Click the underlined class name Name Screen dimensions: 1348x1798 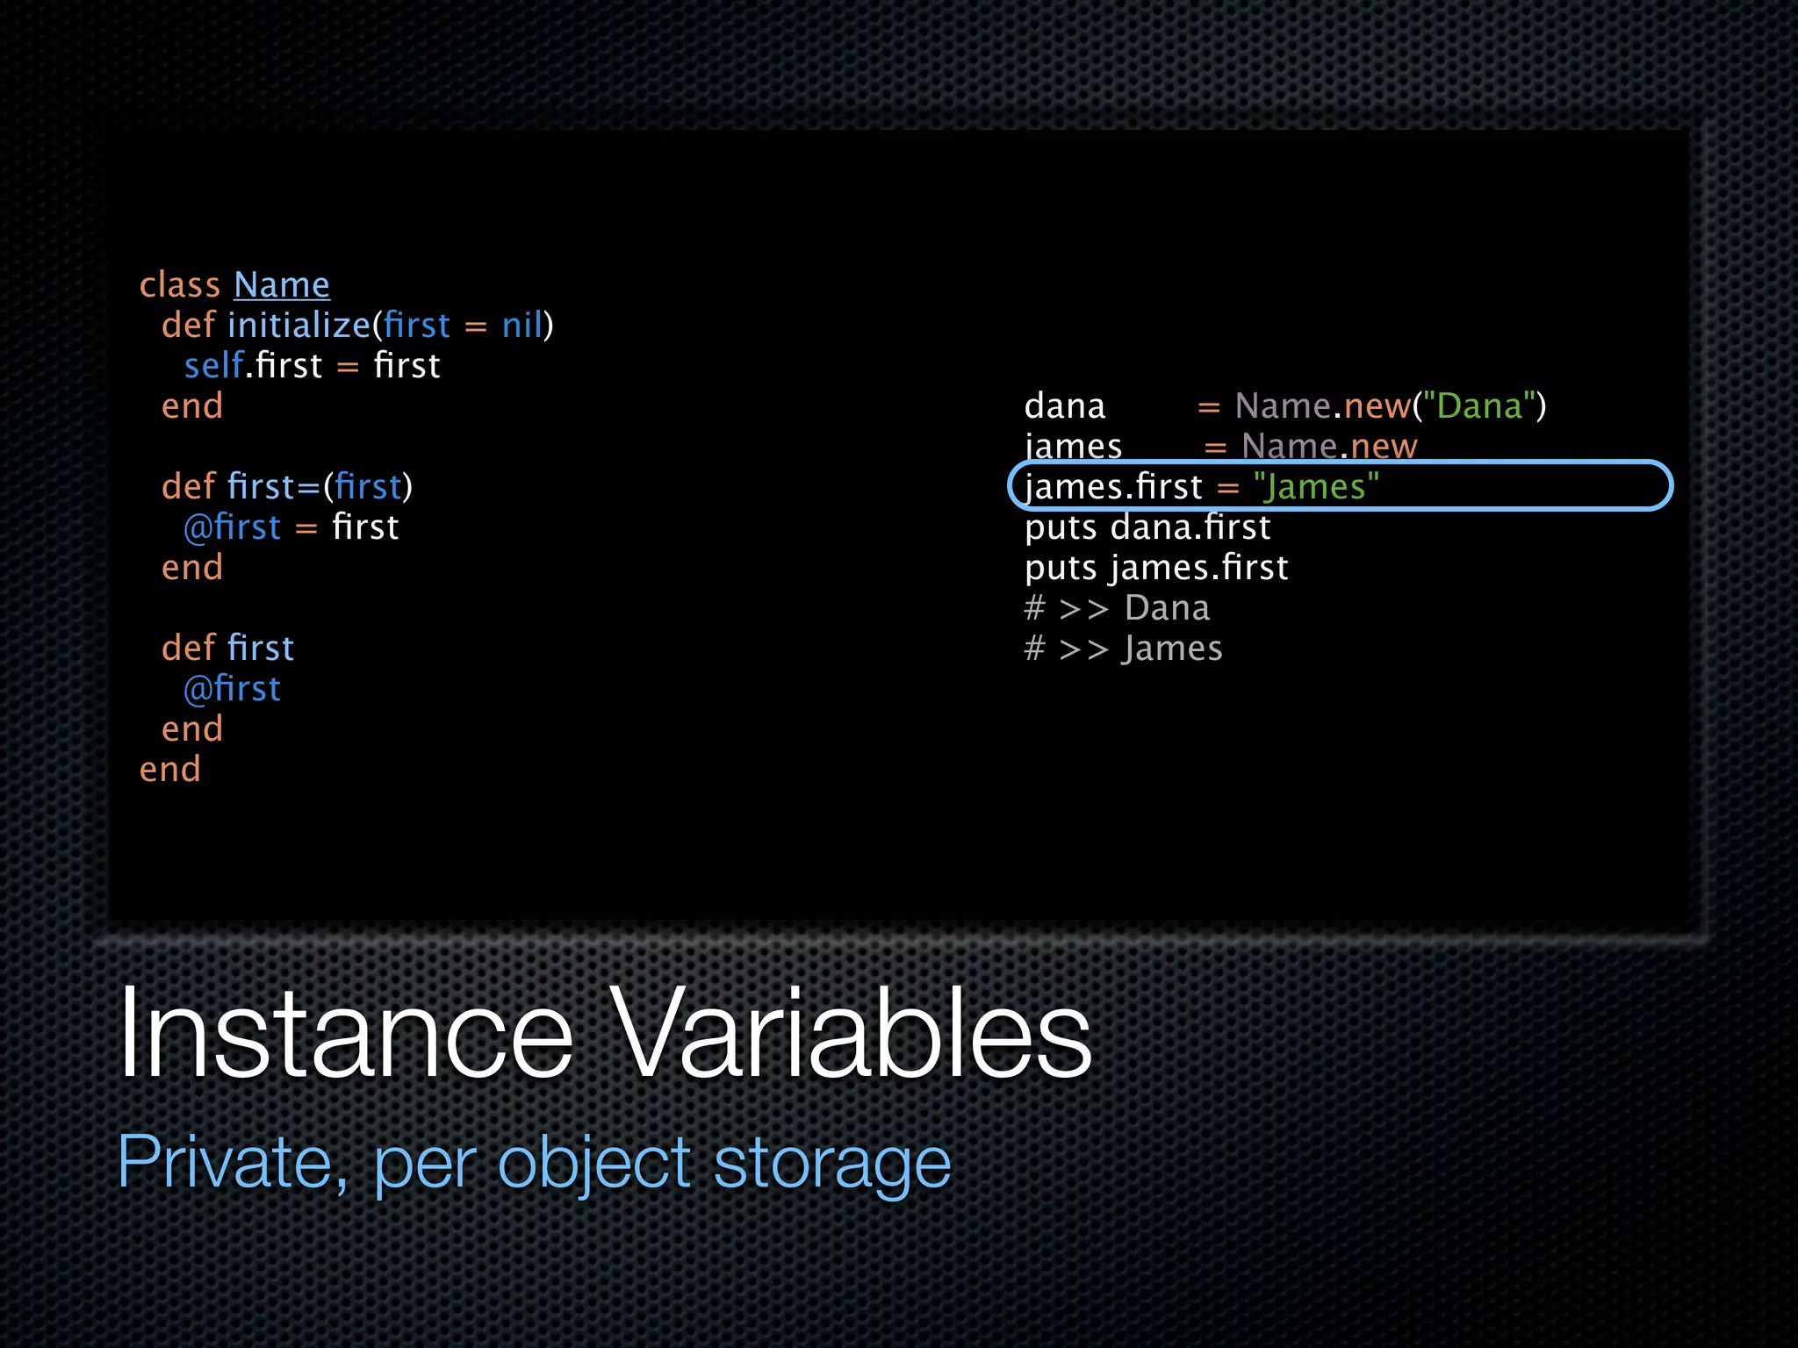(x=281, y=285)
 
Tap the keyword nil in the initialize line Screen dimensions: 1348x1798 (x=522, y=326)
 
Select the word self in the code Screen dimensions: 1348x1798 (x=213, y=366)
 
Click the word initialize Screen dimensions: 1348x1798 (x=298, y=326)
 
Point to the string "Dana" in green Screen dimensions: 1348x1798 (x=1479, y=406)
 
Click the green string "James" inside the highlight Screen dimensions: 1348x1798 (x=1315, y=487)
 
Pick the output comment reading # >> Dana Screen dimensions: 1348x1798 (x=1117, y=608)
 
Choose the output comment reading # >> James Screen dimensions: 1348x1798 (x=1123, y=649)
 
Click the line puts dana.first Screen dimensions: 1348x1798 (x=1147, y=527)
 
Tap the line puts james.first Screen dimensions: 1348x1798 (x=1156, y=568)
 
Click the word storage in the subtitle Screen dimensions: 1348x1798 (x=831, y=1162)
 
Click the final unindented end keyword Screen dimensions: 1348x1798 (x=170, y=770)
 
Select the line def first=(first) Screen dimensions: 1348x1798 (x=286, y=487)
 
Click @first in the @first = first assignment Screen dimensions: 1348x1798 (x=232, y=527)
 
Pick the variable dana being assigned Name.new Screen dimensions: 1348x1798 (x=1064, y=406)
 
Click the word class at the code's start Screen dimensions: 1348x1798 (x=180, y=285)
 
